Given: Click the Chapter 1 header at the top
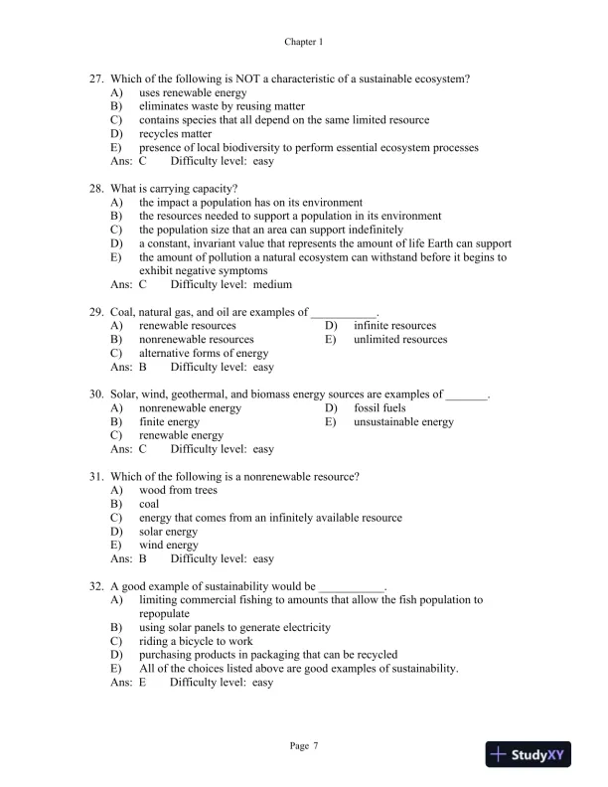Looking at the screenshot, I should pos(304,42).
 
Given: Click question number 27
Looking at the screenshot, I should pos(96,79).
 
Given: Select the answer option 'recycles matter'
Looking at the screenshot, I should pos(175,133).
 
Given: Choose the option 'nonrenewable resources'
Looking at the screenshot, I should pos(196,339).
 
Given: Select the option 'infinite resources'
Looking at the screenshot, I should pos(394,325).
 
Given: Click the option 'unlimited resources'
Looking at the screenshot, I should pos(400,339).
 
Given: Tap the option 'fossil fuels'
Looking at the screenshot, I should pos(380,407).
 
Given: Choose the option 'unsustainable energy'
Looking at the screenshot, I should pos(403,421).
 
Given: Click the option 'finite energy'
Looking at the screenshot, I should pos(169,421).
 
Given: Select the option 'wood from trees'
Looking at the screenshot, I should pos(178,490).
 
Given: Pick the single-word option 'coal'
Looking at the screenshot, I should pos(149,504).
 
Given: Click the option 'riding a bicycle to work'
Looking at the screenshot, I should pos(196,641).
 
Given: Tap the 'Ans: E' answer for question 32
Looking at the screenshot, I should pos(127,683).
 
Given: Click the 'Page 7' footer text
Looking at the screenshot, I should pos(304,745).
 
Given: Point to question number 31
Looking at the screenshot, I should pos(96,476).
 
